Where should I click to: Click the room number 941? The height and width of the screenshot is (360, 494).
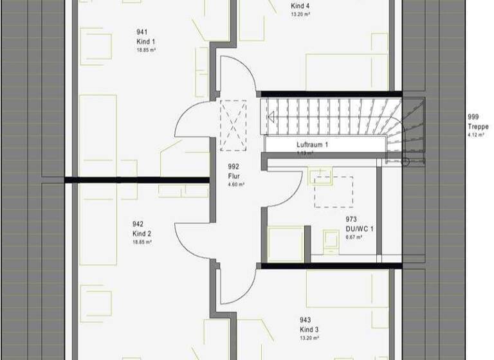click(x=142, y=32)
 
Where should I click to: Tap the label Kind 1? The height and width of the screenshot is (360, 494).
click(x=142, y=40)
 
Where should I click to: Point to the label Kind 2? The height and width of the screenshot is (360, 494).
click(x=142, y=233)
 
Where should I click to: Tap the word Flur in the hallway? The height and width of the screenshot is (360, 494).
click(x=233, y=175)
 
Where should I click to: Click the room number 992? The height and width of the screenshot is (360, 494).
click(x=233, y=166)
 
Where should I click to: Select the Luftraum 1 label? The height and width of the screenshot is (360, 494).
click(x=313, y=145)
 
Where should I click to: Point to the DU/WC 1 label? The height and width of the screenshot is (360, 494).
click(x=360, y=228)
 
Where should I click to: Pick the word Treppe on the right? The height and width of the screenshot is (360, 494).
click(x=479, y=127)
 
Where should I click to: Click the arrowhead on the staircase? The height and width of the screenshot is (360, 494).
click(x=271, y=117)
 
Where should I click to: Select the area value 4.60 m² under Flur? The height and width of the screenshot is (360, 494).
click(x=236, y=184)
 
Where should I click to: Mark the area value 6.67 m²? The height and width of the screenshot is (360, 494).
click(x=354, y=237)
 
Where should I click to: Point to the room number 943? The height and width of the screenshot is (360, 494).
click(x=306, y=319)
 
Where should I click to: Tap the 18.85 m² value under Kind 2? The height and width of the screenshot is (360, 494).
click(x=143, y=242)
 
